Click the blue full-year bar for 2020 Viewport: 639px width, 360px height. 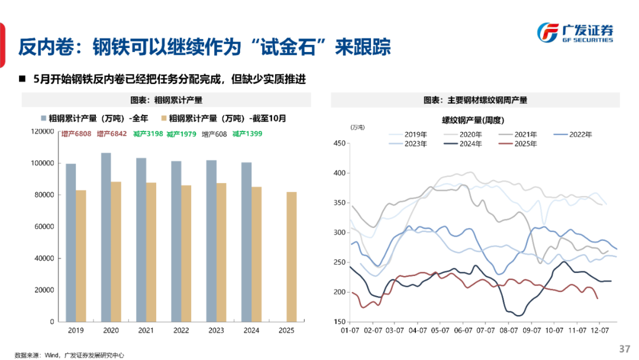[x=106, y=237]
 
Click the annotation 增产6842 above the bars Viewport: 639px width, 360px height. [x=111, y=134]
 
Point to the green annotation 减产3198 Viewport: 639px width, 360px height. [x=147, y=134]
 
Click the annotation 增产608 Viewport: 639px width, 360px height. [x=214, y=134]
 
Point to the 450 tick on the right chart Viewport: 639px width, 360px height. [x=339, y=143]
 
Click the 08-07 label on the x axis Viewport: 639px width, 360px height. [x=506, y=330]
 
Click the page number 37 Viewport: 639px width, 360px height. [x=625, y=348]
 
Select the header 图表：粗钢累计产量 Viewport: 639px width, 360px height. [x=170, y=100]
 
